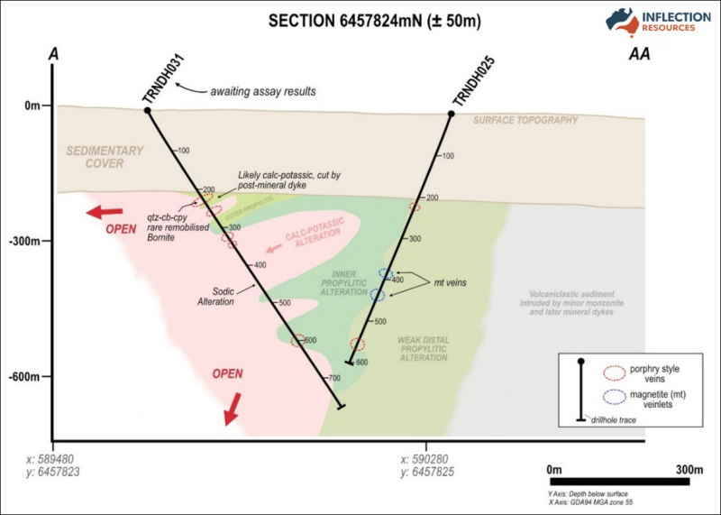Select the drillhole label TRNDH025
467,87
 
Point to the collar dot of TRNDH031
147,111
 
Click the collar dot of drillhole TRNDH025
452,114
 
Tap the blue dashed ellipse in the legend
616,397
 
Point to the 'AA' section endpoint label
639,56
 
